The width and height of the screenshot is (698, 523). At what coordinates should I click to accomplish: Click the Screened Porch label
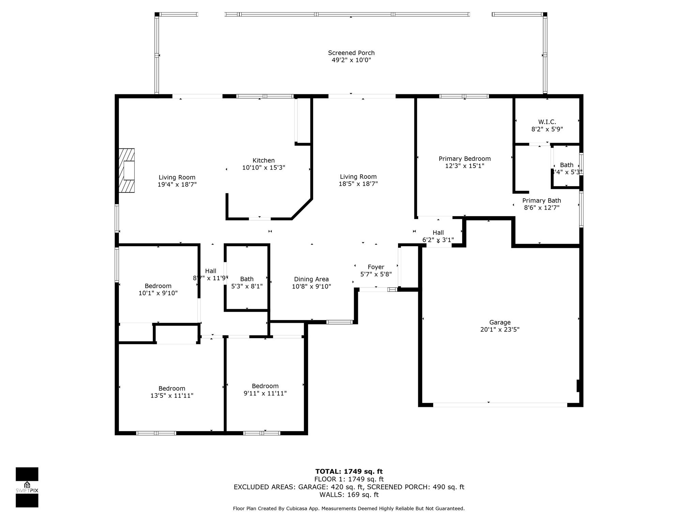pos(351,53)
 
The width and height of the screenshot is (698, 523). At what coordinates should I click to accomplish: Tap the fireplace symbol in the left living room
pos(126,170)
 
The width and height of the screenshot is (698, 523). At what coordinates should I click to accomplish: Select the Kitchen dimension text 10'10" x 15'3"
pos(263,168)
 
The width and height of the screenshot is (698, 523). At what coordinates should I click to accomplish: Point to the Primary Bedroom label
pos(465,159)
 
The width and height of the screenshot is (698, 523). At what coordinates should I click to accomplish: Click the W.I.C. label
pos(547,122)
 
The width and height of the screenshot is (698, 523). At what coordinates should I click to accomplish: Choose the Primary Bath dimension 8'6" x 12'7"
pos(542,208)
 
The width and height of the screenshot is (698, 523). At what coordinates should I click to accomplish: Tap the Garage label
pos(500,322)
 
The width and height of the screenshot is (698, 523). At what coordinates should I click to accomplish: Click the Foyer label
pos(376,267)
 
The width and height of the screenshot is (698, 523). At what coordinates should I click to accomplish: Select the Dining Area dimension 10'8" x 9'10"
pos(311,287)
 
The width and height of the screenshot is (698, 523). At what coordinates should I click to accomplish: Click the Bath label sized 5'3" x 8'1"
pos(247,279)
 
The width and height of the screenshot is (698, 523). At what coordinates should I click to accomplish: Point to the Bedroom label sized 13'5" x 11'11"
pos(172,389)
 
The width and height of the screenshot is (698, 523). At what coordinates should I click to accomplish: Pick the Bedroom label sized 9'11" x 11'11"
pos(265,386)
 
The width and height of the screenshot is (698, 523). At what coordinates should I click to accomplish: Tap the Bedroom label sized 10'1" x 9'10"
pos(158,286)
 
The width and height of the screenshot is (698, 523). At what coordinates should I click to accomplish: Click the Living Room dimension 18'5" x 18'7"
pos(358,184)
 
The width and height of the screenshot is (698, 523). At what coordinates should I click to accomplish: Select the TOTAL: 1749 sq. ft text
pos(349,472)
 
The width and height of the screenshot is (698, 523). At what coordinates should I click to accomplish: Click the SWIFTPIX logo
pos(27,487)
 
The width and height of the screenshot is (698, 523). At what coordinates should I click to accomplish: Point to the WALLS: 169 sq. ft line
pos(349,495)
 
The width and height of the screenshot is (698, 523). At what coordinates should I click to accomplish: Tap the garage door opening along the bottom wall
pos(500,405)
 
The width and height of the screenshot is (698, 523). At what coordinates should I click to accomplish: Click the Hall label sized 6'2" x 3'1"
pos(438,233)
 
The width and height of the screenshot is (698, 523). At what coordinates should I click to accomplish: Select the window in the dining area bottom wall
pos(339,322)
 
